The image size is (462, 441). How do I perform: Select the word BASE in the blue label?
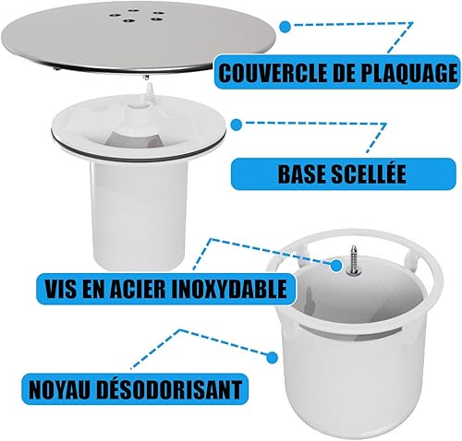click(300, 174)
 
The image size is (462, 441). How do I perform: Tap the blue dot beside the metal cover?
click(286, 27)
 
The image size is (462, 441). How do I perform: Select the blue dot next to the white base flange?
click(237, 125)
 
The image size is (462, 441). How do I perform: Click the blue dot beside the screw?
click(336, 265)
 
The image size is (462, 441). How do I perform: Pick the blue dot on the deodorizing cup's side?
click(272, 357)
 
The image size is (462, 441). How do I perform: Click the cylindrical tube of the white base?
click(140, 215)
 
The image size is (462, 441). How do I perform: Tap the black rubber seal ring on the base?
click(139, 149)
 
